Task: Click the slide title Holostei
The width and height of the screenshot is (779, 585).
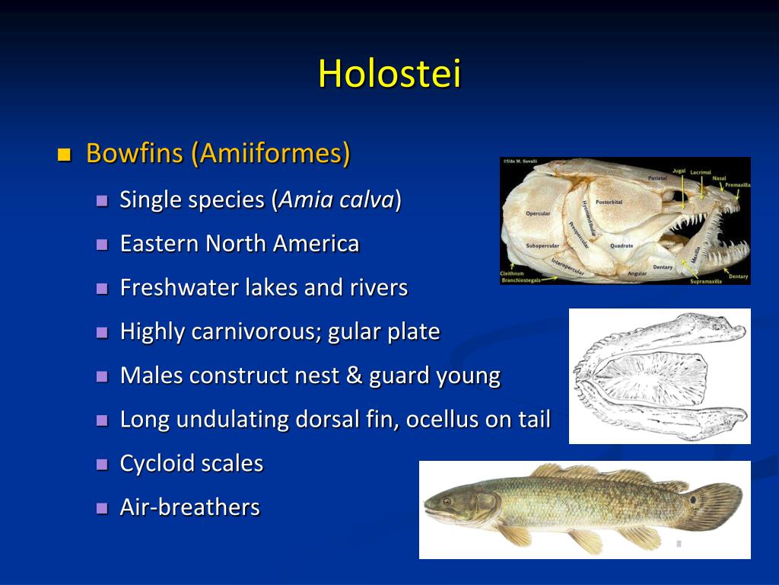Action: click(x=389, y=74)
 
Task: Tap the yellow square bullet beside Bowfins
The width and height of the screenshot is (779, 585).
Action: click(x=64, y=155)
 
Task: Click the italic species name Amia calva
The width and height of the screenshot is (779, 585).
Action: click(x=337, y=200)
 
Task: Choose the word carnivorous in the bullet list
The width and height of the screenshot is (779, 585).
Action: click(x=256, y=332)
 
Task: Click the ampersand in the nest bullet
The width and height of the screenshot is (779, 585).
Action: click(x=354, y=376)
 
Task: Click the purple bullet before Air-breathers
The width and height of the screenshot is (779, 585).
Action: click(x=103, y=509)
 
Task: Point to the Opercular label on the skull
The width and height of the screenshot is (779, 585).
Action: click(x=538, y=213)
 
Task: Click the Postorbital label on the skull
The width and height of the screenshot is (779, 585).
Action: click(x=609, y=203)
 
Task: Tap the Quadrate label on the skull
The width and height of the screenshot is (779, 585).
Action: click(x=621, y=246)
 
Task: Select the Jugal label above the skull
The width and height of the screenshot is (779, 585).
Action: click(x=679, y=171)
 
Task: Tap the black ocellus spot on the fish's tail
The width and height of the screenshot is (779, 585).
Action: click(x=695, y=500)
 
